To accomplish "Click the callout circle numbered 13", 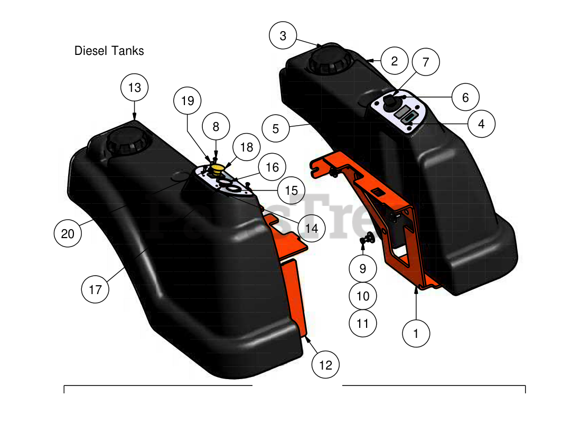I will coord(135,87).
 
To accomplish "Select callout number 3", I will coord(283,36).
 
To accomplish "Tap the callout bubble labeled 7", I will coord(426,62).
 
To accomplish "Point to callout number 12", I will coord(325,364).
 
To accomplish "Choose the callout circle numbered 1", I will coord(416,333).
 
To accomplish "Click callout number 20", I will coord(68,233).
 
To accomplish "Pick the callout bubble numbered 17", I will coord(95,289).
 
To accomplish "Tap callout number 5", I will coord(276,128).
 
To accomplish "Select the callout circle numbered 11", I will coord(363,323).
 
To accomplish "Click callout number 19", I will coord(188,100).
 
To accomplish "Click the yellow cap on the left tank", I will coord(217,168).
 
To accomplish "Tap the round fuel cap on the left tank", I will coord(126,140).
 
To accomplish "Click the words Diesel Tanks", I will coord(109,51).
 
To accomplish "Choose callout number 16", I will coord(272,167).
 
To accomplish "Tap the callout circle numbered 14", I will coord(312,228).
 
